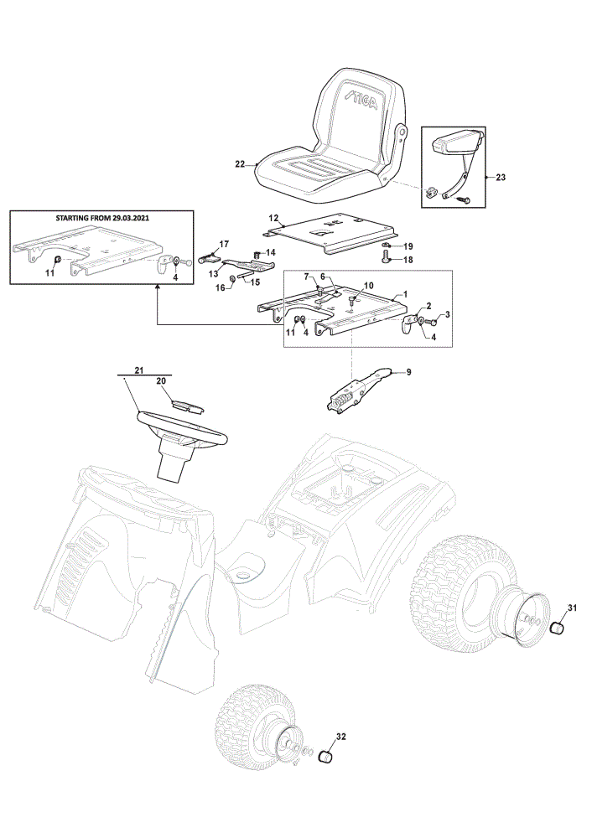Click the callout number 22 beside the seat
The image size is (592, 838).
pyautogui.click(x=240, y=164)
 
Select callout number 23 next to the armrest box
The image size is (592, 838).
pyautogui.click(x=501, y=177)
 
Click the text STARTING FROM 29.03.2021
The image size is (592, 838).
pyautogui.click(x=102, y=218)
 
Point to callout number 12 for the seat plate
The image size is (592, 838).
pyautogui.click(x=273, y=218)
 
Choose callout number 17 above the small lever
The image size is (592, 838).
pyautogui.click(x=224, y=244)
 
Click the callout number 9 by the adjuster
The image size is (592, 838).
pyautogui.click(x=408, y=372)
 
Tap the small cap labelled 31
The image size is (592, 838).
pyautogui.click(x=558, y=626)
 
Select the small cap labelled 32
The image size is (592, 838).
pyautogui.click(x=325, y=757)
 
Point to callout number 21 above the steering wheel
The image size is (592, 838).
pyautogui.click(x=139, y=370)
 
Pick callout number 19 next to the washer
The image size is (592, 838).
pyautogui.click(x=408, y=246)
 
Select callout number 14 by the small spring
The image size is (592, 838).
pyautogui.click(x=271, y=252)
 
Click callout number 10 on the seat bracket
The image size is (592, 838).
pyautogui.click(x=369, y=286)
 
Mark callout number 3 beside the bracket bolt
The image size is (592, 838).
pyautogui.click(x=447, y=315)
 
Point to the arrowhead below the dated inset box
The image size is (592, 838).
pyautogui.click(x=157, y=287)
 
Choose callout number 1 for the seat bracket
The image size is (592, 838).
pyautogui.click(x=405, y=294)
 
